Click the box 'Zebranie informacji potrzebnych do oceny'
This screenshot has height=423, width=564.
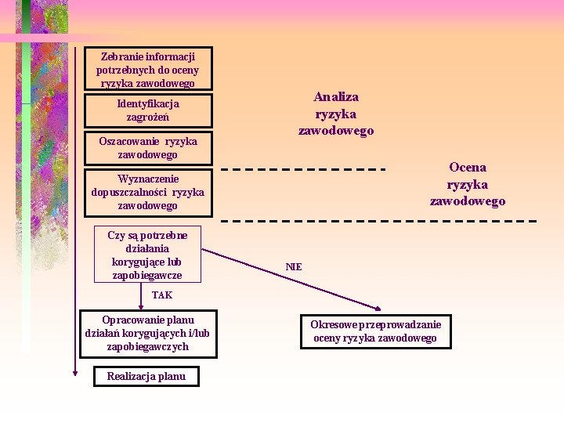pyautogui.click(x=148, y=70)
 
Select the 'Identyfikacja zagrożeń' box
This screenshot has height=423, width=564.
pyautogui.click(x=148, y=110)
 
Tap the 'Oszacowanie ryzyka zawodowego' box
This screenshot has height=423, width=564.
pyautogui.click(x=148, y=148)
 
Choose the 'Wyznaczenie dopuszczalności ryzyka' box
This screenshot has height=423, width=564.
pyautogui.click(x=148, y=192)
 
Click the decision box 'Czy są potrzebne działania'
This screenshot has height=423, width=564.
pyautogui.click(x=147, y=255)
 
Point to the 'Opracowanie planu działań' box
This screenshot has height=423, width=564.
pyautogui.click(x=147, y=333)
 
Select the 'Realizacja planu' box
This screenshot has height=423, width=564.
pyautogui.click(x=146, y=376)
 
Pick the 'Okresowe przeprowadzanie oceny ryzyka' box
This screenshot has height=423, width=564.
pyautogui.click(x=376, y=331)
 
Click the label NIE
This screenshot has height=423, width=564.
pyautogui.click(x=294, y=267)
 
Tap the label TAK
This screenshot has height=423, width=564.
pyautogui.click(x=162, y=295)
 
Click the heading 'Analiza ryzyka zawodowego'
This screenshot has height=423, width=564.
pyautogui.click(x=336, y=114)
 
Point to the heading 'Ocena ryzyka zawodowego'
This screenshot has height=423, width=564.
pyautogui.click(x=468, y=184)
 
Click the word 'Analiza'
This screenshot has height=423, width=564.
pyautogui.click(x=336, y=97)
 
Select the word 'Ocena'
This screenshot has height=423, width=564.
pyautogui.click(x=468, y=167)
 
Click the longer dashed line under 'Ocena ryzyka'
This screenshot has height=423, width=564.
pyautogui.click(x=379, y=221)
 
